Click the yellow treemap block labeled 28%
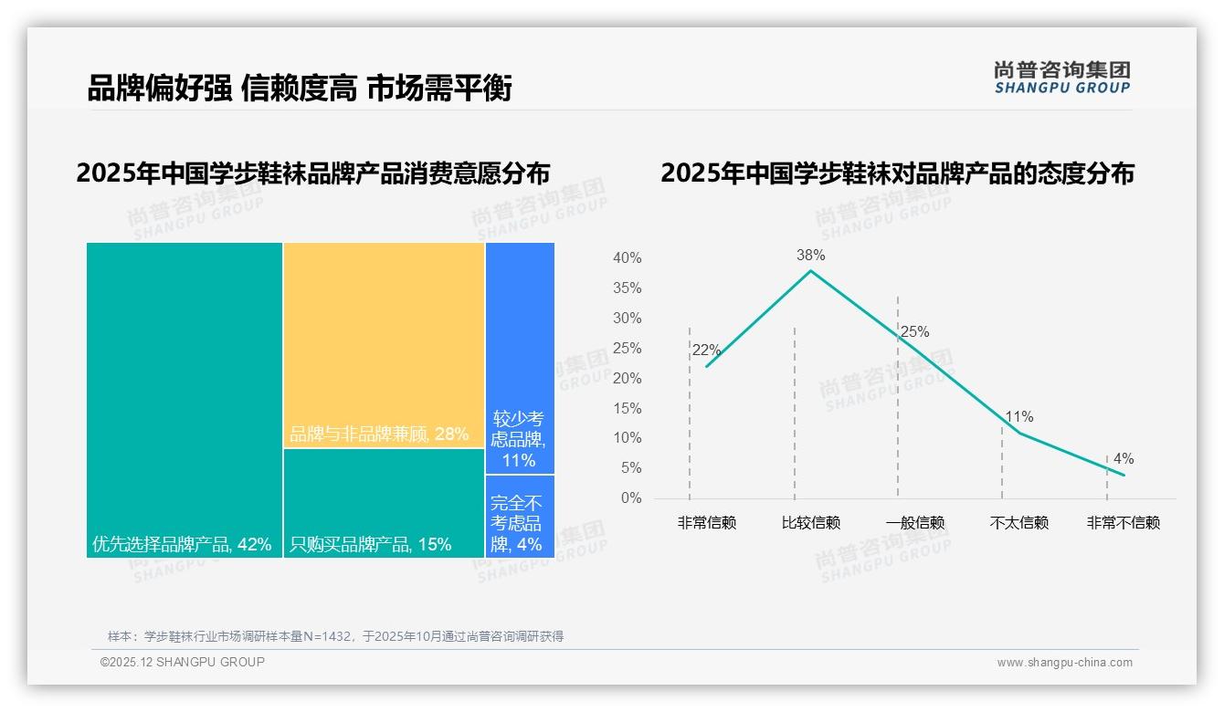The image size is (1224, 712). click(x=384, y=345)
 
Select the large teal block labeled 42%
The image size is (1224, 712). click(x=185, y=399)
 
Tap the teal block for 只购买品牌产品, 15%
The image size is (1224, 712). click(x=384, y=503)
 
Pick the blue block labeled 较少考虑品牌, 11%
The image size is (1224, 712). click(x=520, y=358)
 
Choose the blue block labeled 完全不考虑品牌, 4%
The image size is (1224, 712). click(x=520, y=517)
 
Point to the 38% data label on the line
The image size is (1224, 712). click(x=810, y=255)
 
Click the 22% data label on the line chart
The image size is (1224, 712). click(x=706, y=350)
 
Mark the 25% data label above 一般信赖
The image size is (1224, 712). click(x=914, y=332)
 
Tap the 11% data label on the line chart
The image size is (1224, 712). click(x=1018, y=417)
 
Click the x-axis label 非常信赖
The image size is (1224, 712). click(x=706, y=523)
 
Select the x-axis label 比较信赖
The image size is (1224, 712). click(x=810, y=523)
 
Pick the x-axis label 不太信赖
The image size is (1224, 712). click(x=1019, y=523)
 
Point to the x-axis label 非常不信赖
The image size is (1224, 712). click(x=1123, y=523)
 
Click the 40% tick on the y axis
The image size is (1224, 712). click(x=627, y=258)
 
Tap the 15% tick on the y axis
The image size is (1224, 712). click(x=627, y=408)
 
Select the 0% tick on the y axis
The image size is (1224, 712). click(x=631, y=498)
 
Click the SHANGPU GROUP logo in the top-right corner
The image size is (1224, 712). click(x=1061, y=78)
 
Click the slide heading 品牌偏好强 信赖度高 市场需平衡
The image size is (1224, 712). click(x=300, y=88)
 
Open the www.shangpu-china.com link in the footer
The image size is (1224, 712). click(x=1064, y=663)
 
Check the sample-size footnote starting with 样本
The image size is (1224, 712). click(x=335, y=636)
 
